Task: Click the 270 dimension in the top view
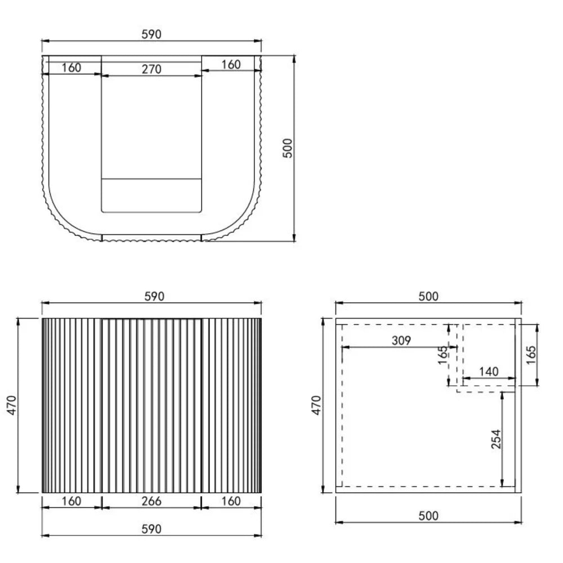click(151, 69)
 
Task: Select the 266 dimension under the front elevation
click(151, 501)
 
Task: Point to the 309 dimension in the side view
click(401, 341)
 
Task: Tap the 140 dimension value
click(489, 371)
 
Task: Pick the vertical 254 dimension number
click(496, 439)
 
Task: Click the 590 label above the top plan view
click(151, 34)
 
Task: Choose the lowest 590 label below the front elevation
click(151, 529)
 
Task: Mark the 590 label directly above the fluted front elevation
click(154, 296)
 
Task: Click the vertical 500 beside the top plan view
click(288, 148)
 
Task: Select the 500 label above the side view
click(428, 296)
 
